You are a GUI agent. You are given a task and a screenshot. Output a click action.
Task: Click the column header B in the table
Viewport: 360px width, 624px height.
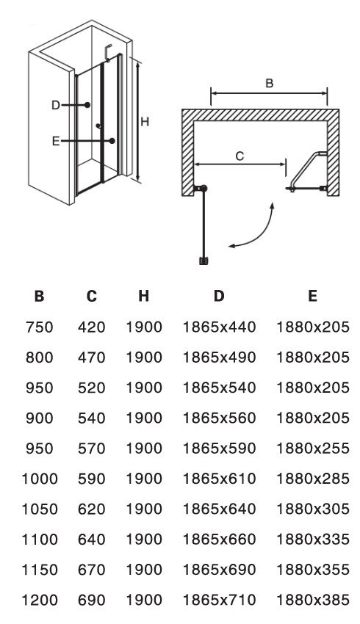[x=39, y=296]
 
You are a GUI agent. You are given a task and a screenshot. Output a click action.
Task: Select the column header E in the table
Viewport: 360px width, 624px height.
[x=312, y=296]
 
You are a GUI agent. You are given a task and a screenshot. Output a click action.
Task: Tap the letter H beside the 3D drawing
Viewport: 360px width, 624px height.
[x=145, y=122]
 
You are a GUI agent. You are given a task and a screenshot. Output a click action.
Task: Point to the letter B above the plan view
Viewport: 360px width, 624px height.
[x=270, y=84]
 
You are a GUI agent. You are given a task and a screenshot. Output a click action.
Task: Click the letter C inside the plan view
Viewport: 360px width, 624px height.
[x=240, y=156]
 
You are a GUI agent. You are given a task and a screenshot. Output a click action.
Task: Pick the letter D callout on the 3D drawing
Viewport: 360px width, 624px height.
[x=55, y=106]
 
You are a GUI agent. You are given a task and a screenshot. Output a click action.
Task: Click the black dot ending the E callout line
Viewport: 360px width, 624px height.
[x=112, y=140]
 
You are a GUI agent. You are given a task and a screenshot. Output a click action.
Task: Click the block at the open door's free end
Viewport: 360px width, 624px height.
[x=204, y=261]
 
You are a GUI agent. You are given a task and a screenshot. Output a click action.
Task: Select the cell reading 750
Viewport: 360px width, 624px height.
[x=39, y=327]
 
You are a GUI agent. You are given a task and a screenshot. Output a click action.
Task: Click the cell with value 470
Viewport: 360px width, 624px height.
[x=92, y=358]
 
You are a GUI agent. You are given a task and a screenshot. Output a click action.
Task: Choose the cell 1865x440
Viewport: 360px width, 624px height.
[x=219, y=327]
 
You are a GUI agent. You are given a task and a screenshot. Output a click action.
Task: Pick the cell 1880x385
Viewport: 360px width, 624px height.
[x=312, y=600]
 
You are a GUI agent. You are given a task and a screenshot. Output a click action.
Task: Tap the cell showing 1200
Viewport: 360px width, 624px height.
[x=39, y=600]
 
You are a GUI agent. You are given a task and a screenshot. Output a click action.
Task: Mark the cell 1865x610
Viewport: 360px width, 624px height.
[x=219, y=479]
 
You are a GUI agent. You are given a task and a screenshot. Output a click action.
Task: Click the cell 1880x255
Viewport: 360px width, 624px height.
[x=312, y=448]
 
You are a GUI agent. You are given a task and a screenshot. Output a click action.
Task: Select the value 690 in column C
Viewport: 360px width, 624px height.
[x=92, y=600]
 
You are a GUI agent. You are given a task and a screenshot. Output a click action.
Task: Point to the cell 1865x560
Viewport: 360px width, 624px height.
[x=219, y=418]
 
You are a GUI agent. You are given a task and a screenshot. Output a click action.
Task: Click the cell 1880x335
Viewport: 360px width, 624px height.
[x=312, y=540]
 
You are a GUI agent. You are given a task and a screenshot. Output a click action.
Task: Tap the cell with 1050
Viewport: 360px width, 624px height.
[x=39, y=509]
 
